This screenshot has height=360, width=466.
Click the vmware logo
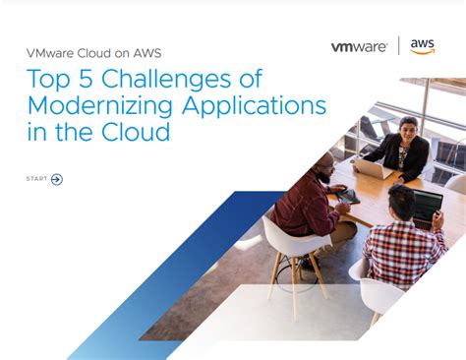[360, 46]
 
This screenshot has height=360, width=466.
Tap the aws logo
[423, 46]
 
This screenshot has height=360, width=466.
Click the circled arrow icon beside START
[56, 179]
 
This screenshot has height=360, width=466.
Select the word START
[36, 179]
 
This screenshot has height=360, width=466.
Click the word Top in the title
[45, 80]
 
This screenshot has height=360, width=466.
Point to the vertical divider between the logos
[398, 46]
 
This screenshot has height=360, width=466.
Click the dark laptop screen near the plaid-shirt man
[427, 206]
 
